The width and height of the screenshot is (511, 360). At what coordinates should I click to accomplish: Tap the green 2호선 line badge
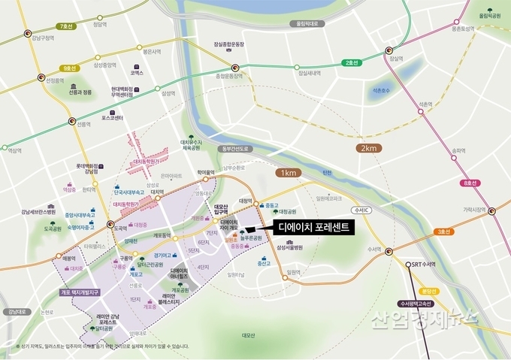coord(350,62)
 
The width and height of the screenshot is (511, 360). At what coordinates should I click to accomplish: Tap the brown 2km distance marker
coord(369,149)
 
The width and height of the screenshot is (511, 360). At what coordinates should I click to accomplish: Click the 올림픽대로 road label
coord(302,23)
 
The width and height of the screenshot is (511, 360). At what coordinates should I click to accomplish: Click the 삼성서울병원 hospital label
coord(289,247)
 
